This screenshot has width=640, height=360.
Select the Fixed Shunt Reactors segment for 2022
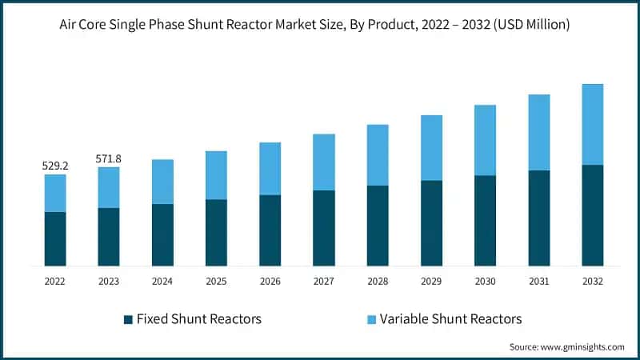click(55, 238)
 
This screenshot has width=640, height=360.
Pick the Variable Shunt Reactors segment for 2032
click(592, 125)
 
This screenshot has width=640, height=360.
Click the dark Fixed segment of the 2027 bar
click(323, 228)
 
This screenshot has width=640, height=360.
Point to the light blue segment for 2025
click(216, 175)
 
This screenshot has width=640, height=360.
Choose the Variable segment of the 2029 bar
click(431, 148)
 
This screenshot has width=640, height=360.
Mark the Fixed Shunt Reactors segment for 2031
click(538, 218)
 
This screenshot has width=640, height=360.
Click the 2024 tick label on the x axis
click(162, 282)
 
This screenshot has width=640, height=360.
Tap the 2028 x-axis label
click(377, 282)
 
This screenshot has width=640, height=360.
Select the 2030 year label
click(485, 282)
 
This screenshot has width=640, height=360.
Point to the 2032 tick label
click(592, 282)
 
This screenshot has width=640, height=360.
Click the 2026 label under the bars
click(270, 282)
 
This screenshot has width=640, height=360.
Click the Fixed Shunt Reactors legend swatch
click(128, 319)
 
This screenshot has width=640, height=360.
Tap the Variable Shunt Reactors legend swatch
click(371, 319)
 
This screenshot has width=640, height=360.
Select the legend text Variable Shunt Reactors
click(450, 319)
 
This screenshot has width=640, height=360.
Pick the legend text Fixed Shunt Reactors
click(199, 319)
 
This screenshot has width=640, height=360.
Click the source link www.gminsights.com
click(583, 346)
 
